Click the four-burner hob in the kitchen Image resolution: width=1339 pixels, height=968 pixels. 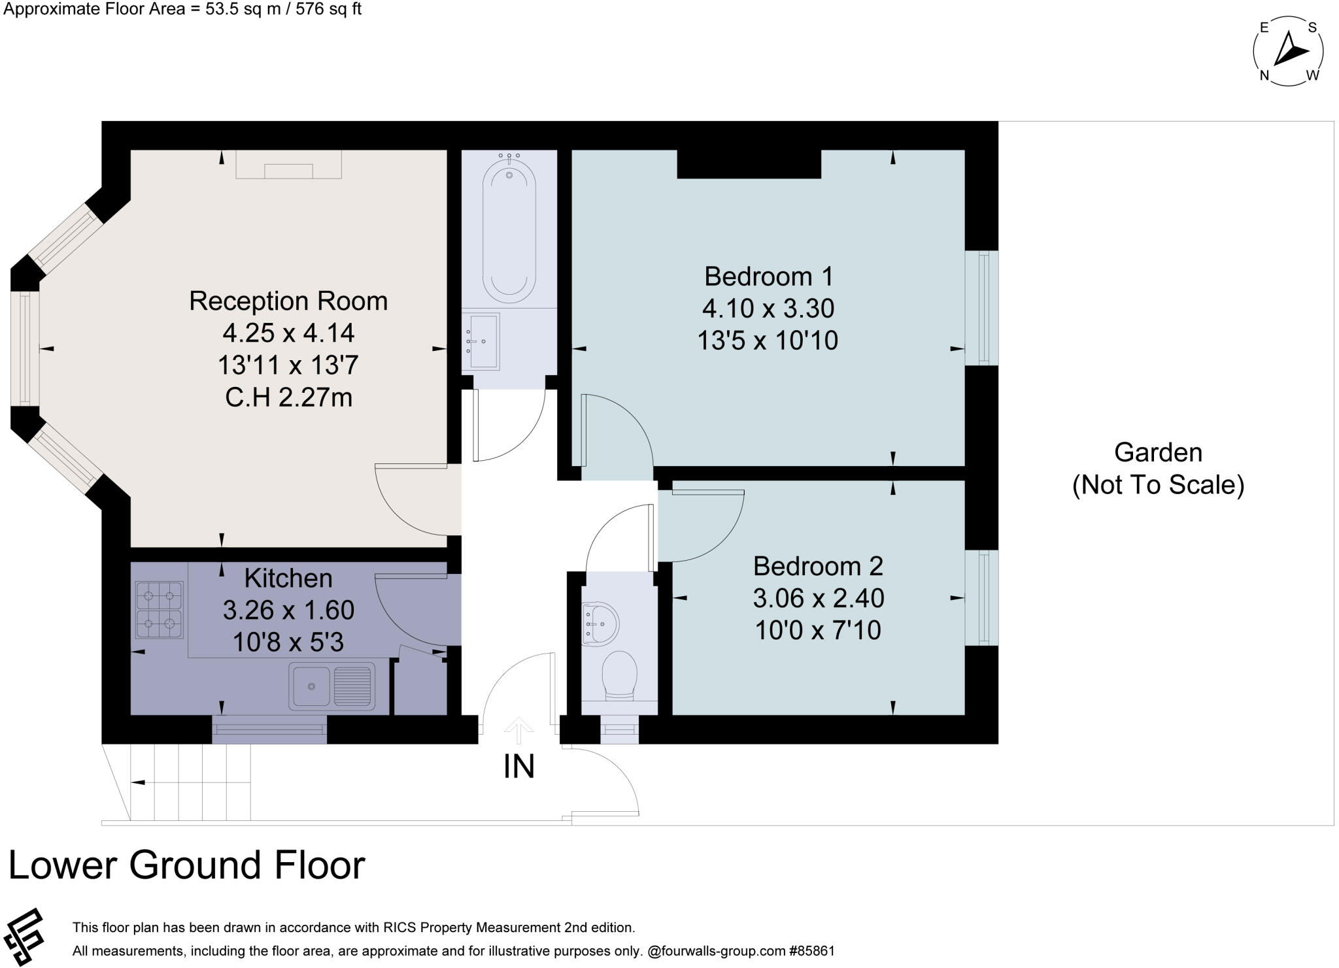point(159,609)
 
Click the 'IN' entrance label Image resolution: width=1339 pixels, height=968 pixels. point(519,767)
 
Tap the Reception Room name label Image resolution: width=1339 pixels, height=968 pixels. point(288,301)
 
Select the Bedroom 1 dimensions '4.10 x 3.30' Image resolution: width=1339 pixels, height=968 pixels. point(768,309)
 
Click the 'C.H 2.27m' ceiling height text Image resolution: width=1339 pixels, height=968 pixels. point(288,397)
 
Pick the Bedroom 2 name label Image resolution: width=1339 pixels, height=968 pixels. point(818,566)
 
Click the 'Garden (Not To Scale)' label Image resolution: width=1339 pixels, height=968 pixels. point(1158,469)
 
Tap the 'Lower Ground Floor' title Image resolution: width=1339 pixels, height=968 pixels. point(186,865)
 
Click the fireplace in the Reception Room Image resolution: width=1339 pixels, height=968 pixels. point(288,165)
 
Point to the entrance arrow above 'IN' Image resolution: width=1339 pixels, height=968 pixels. point(519,729)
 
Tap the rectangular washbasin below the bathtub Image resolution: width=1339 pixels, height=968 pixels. point(481,341)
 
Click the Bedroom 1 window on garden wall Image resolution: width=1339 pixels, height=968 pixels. point(982,308)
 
